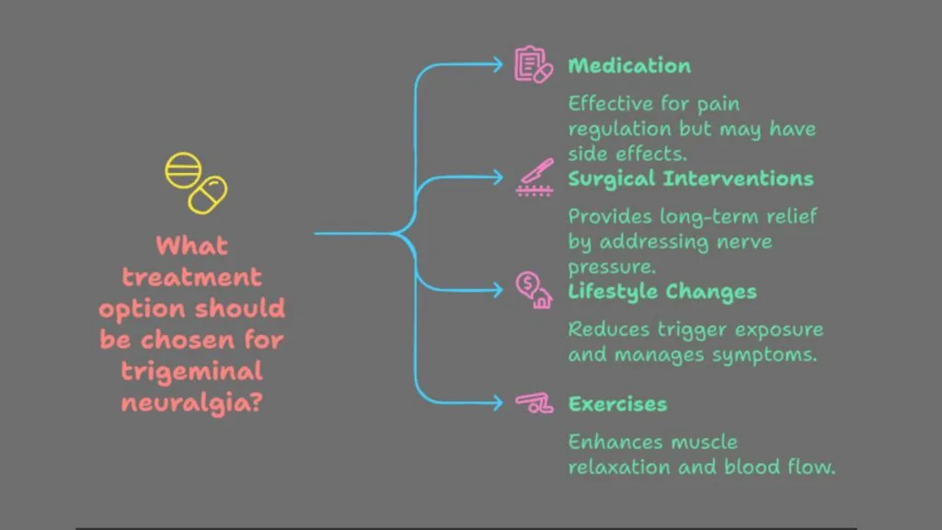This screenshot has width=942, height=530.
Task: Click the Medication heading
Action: pos(629,65)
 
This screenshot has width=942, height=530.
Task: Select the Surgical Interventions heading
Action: pos(690,179)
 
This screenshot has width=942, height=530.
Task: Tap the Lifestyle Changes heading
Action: pos(662,292)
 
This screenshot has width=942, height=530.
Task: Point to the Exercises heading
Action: pos(617,404)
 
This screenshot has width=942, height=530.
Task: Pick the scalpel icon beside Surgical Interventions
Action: pos(534,177)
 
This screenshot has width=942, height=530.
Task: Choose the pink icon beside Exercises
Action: pos(534,403)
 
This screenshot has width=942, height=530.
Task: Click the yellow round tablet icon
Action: pos(183,170)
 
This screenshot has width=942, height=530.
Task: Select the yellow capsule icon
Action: pos(208,194)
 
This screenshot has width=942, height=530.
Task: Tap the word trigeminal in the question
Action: pos(191,372)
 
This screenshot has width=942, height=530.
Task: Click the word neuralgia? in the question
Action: pos(191,403)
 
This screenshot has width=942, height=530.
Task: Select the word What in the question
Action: pos(191,246)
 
